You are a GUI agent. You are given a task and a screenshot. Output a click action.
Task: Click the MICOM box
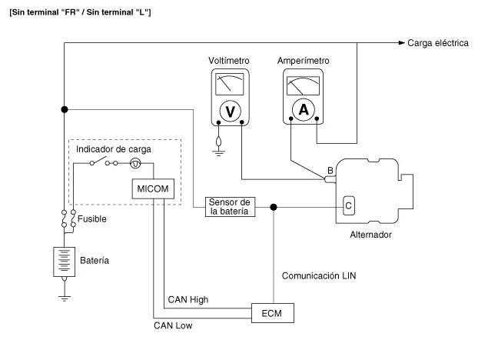tap(153, 189)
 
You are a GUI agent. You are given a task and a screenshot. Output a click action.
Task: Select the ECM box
tap(273, 313)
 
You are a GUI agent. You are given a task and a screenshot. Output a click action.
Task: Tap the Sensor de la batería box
tap(230, 207)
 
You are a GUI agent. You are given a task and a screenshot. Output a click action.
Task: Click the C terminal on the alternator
tap(349, 205)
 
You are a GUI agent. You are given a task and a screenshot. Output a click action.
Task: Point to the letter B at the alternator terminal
tap(330, 171)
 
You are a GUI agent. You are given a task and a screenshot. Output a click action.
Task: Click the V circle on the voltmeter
tap(230, 111)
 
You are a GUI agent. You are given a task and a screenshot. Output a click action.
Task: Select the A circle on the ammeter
tap(304, 110)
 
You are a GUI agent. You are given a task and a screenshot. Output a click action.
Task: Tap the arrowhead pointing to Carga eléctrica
tap(402, 43)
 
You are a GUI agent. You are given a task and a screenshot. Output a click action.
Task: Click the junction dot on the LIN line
tap(274, 207)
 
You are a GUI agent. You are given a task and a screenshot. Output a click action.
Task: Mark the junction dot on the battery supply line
tap(65, 109)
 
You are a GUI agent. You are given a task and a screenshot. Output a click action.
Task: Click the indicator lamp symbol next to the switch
tap(135, 164)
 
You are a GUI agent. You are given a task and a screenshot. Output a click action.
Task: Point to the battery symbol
tap(64, 262)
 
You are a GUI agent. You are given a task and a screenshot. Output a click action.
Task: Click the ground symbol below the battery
tap(64, 298)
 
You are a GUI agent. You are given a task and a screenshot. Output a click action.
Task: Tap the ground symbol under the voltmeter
tap(218, 153)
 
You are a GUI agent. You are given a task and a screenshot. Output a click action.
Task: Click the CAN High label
tap(188, 299)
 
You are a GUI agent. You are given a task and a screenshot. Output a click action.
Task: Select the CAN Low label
tap(173, 325)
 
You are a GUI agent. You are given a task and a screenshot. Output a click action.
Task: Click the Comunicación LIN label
tap(319, 276)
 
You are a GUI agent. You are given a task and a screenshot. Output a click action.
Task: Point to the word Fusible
tap(92, 218)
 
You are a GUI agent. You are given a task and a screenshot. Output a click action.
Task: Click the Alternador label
tap(370, 235)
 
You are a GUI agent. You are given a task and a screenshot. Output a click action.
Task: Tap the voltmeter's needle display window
tap(230, 84)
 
